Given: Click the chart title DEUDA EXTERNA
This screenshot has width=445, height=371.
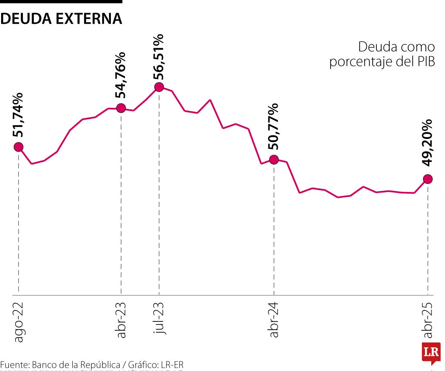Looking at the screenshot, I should tap(61, 19).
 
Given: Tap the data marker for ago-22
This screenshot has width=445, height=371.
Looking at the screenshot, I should tap(18, 147).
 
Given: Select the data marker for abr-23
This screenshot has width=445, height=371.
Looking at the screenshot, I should tap(121, 108).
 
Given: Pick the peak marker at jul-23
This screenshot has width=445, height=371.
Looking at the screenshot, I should tap(159, 87).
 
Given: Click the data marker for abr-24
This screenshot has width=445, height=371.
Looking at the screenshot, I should tap(274, 160).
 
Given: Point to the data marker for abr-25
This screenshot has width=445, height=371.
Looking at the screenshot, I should tap(428, 179).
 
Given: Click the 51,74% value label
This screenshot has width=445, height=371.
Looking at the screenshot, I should tap(18, 115).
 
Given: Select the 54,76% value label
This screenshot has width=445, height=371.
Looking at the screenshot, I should tap(121, 75).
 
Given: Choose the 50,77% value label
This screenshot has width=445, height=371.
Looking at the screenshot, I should tap(274, 126).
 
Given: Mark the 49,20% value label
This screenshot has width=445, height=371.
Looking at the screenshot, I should tap(428, 143).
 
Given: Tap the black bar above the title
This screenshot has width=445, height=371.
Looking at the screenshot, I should tap(61, 1).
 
